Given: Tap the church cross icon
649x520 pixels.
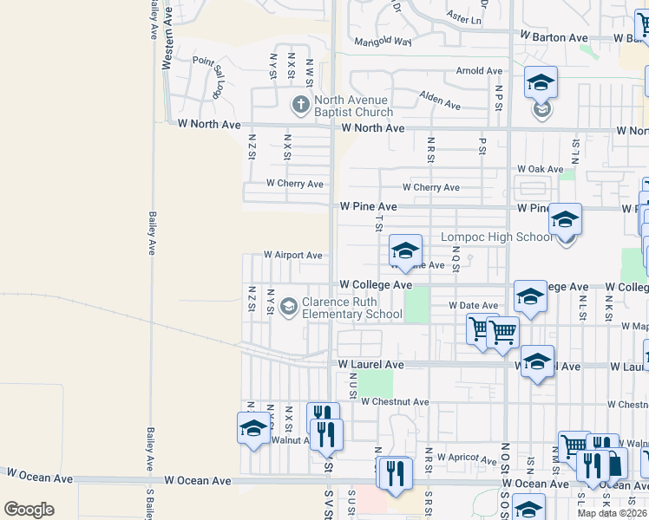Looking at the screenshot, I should [x=300, y=106].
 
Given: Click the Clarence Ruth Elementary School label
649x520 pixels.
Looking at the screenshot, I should [x=353, y=308].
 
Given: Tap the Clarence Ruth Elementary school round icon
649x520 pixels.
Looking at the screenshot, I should [x=288, y=307].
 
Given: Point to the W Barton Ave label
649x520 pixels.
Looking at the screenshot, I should [x=554, y=38].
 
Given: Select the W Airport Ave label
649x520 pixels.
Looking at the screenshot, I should [x=294, y=256].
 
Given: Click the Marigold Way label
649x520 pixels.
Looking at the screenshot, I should [x=383, y=42].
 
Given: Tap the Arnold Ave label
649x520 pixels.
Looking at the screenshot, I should [x=480, y=71].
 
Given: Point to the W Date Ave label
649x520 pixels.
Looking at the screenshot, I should [x=473, y=306].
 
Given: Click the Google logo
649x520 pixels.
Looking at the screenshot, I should [x=29, y=510].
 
